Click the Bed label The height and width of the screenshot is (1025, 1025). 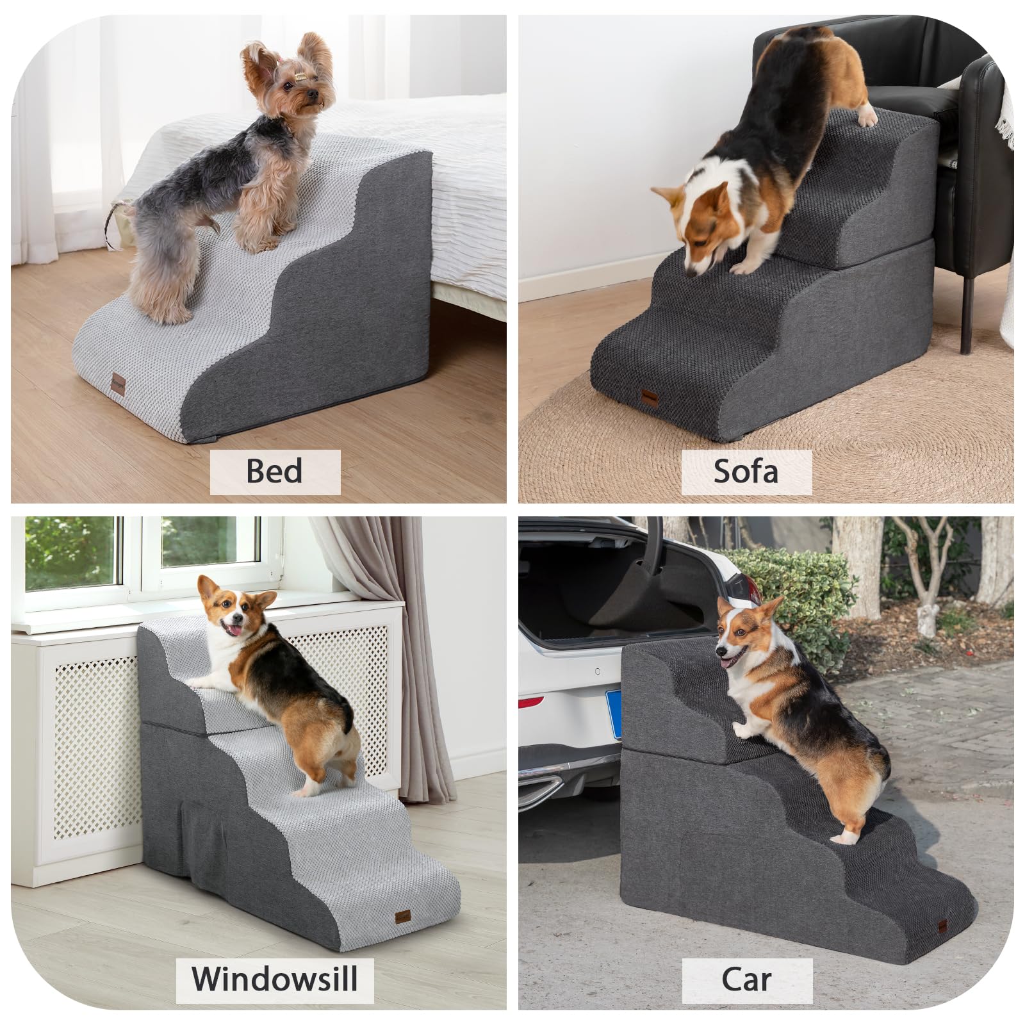[x=275, y=471]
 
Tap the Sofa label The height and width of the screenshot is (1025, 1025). [x=746, y=471]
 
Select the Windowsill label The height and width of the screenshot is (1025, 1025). [x=275, y=979]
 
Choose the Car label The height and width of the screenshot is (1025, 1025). [x=746, y=979]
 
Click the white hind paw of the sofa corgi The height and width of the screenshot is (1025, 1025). [x=867, y=119]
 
